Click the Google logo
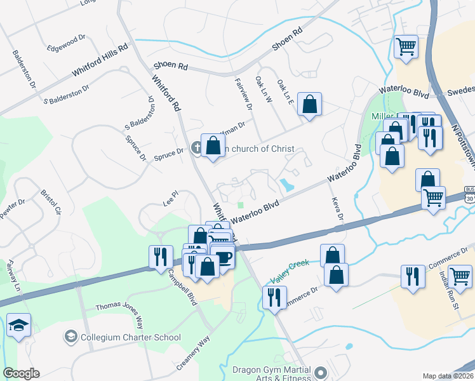click(21, 373)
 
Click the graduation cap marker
click(20, 326)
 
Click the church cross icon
click(197, 149)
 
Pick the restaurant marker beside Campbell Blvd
click(160, 257)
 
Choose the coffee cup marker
click(224, 257)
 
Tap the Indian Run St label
click(450, 290)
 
